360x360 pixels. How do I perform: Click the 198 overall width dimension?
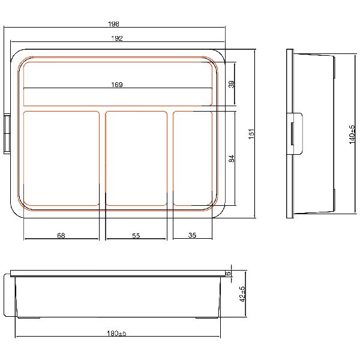point(113,24)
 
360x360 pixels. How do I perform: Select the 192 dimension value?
point(117,38)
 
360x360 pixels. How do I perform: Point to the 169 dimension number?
point(117,85)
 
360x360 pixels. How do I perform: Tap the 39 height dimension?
point(232,84)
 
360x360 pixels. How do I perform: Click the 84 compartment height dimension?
point(232,158)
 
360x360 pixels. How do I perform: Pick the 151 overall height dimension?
point(251,134)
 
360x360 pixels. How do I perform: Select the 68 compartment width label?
point(61,236)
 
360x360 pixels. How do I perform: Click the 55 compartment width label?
point(136,236)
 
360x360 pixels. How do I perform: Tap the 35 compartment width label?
point(192,235)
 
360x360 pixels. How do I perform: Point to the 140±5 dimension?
point(352,134)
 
